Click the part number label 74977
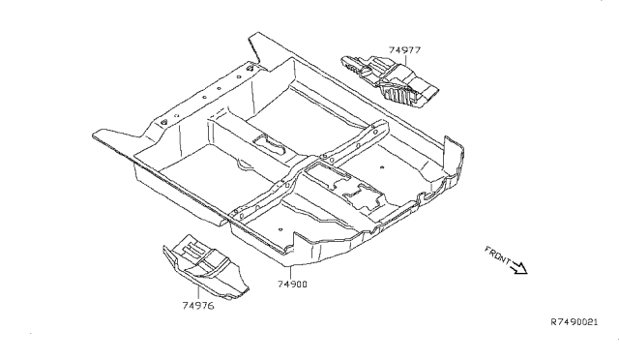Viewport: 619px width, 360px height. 404,50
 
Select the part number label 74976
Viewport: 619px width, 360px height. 198,306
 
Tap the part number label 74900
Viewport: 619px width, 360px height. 292,285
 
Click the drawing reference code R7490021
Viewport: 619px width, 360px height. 575,322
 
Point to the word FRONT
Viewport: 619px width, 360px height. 497,255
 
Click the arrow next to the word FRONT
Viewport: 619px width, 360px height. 519,268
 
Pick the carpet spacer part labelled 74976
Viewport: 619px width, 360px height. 205,267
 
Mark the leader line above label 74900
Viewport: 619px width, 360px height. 290,273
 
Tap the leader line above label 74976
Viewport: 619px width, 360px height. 198,292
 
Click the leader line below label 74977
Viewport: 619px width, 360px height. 406,60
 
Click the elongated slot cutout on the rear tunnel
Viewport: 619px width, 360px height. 269,145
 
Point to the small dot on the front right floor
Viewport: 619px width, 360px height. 382,167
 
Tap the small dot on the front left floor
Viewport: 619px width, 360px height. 280,229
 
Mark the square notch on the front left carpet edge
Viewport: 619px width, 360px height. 295,242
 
